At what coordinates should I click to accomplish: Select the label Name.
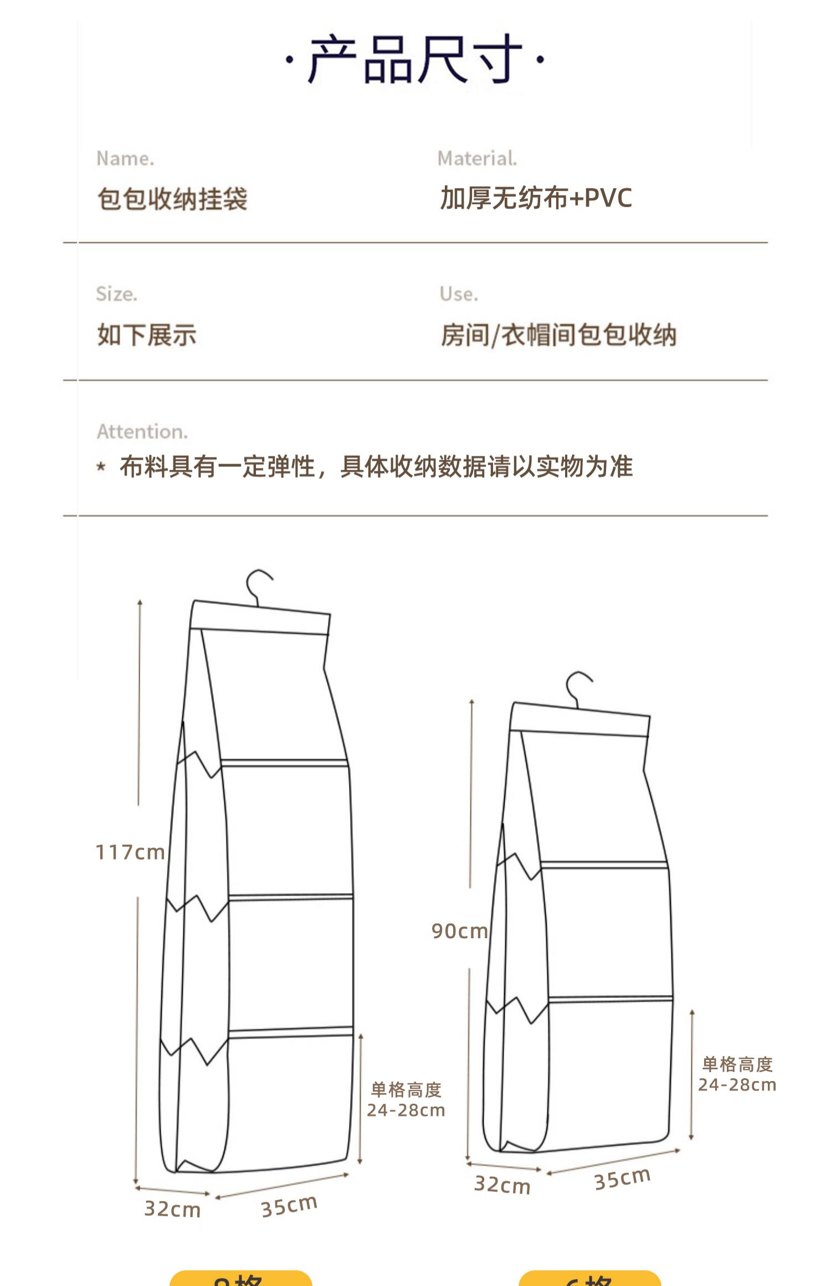tap(125, 159)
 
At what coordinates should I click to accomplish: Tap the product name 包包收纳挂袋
tap(172, 199)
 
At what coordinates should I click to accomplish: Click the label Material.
tap(477, 159)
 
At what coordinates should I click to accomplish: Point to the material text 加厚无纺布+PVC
tap(536, 198)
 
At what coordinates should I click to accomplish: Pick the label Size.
tap(116, 294)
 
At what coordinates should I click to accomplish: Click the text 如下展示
tap(147, 335)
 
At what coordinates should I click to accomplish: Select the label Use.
tap(459, 294)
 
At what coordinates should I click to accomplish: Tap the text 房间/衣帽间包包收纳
tap(558, 335)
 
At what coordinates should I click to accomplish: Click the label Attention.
tap(142, 431)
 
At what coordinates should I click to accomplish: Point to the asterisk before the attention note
tap(101, 467)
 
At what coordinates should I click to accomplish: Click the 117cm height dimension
tap(130, 852)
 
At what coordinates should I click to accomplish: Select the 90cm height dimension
tap(460, 931)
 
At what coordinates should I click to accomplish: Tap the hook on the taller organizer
tap(258, 586)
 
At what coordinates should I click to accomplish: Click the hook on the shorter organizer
tap(577, 688)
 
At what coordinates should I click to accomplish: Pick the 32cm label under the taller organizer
tap(172, 1209)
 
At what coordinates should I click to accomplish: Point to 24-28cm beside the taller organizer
tap(406, 1110)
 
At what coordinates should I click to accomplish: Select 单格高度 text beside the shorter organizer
tap(737, 1064)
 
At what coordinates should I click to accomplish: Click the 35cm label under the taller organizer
tap(289, 1206)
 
